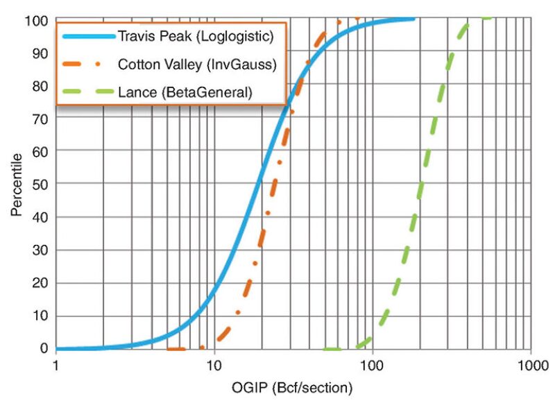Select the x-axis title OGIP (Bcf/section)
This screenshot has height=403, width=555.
tap(293, 386)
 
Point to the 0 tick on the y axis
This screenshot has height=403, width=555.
tap(42, 349)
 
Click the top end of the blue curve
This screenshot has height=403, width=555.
tap(413, 18)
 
